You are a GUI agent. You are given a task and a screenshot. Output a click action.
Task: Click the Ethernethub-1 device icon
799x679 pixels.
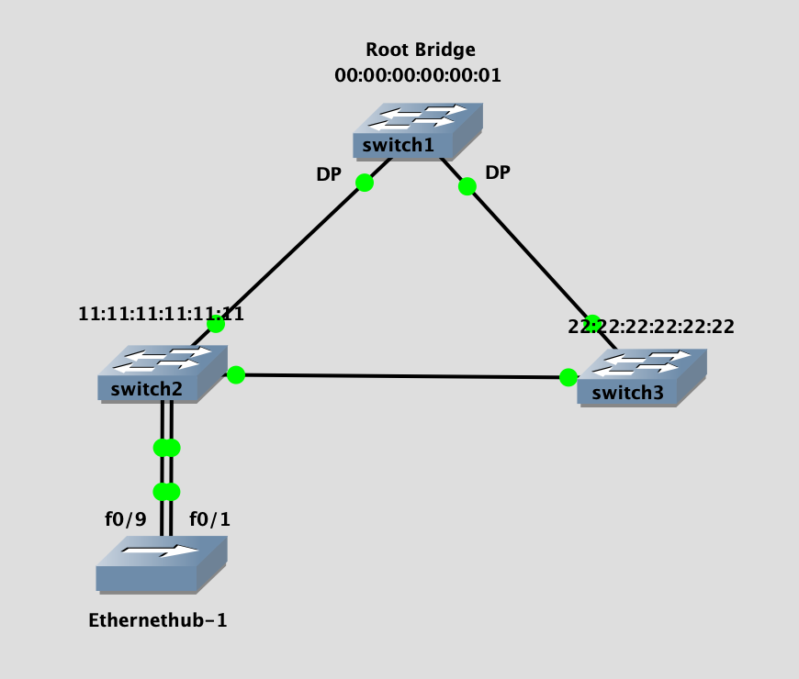tap(161, 563)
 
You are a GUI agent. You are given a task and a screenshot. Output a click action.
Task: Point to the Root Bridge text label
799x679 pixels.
tap(421, 50)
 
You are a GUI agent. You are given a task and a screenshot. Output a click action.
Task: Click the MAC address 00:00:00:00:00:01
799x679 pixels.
tap(418, 75)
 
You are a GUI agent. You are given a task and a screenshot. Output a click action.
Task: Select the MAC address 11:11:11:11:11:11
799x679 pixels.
tap(162, 314)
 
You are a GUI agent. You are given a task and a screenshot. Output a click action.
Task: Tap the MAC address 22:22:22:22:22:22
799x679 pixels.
tap(651, 327)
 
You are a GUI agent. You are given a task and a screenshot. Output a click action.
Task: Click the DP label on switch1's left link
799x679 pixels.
tap(330, 173)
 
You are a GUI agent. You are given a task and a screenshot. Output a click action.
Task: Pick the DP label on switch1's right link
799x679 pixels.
tap(498, 173)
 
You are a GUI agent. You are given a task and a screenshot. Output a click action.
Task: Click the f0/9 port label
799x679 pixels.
tap(125, 519)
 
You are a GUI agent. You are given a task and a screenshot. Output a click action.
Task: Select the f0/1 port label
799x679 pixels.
tap(209, 519)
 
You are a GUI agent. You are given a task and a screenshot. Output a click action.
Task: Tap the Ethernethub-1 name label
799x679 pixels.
tap(158, 620)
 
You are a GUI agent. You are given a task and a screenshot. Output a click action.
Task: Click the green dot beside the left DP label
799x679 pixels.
tap(365, 183)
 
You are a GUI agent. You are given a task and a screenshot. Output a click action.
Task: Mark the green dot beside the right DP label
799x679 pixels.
tap(467, 187)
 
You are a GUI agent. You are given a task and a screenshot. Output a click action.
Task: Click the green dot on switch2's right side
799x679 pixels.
tap(236, 374)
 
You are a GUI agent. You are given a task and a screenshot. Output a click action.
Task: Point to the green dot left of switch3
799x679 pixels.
tap(568, 377)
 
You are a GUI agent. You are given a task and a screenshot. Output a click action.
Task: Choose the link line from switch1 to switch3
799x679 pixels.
tap(528, 251)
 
